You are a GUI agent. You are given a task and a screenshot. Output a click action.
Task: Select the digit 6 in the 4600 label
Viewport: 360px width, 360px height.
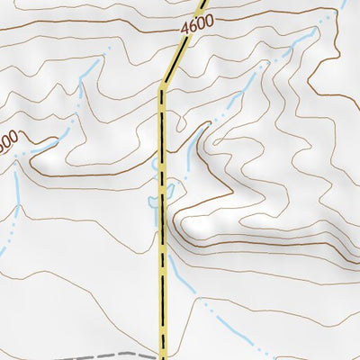(192, 29)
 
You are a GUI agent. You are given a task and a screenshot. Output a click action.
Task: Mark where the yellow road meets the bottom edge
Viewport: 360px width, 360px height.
(164, 357)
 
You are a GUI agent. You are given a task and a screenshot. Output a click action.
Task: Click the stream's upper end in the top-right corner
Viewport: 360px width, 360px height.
(345, 4)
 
